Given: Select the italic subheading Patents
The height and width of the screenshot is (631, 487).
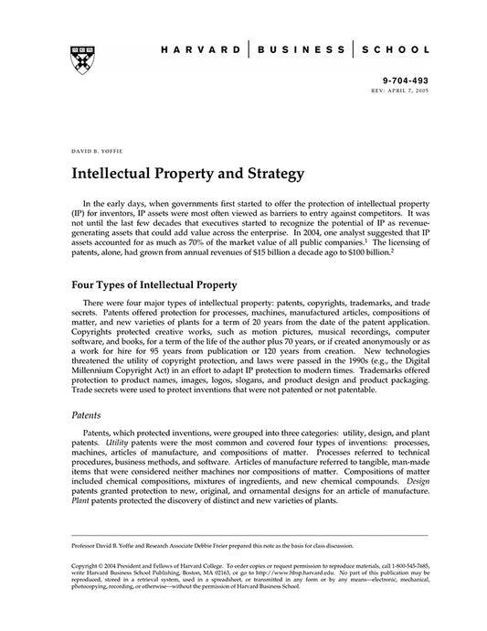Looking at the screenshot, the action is tap(87, 414).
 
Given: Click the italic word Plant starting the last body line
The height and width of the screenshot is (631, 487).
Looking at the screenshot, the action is tap(81, 501).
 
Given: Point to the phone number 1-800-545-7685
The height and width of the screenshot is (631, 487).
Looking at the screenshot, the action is tap(403, 567).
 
